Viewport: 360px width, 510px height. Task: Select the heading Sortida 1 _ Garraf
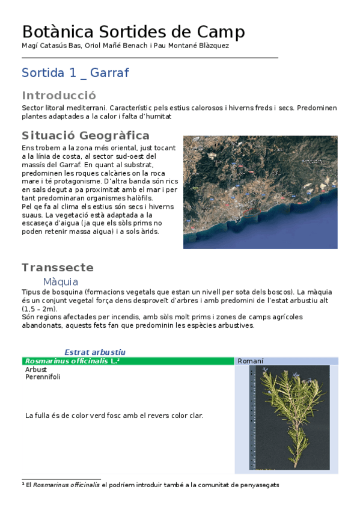click(75, 73)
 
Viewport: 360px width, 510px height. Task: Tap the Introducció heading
click(59, 96)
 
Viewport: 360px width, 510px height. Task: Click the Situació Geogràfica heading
click(85, 135)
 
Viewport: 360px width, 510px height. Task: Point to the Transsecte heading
click(58, 268)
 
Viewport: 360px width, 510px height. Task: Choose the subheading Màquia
click(61, 281)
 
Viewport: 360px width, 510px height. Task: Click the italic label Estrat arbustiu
click(95, 352)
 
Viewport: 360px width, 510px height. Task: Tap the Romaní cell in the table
click(251, 361)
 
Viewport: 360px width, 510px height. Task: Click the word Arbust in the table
click(36, 369)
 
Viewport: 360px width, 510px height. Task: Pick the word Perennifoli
click(43, 377)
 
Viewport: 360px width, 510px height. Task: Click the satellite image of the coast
click(260, 192)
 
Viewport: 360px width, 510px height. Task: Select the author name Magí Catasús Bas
click(50, 46)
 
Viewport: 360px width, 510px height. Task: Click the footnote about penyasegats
click(150, 485)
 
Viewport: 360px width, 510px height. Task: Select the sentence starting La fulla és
click(114, 415)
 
